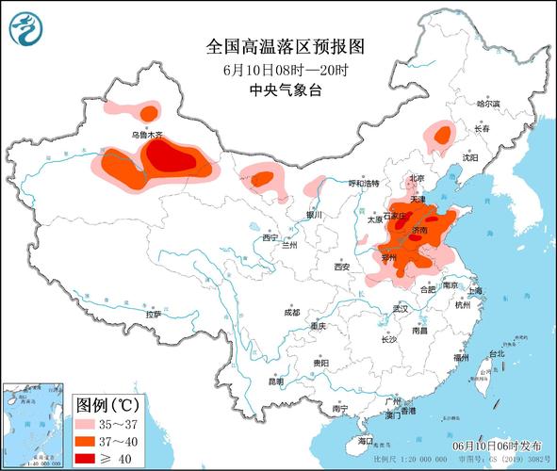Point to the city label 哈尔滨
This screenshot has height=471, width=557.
488,104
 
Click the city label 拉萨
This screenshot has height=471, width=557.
152,312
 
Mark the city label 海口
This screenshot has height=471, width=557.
367,441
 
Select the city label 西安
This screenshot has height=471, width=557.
341,268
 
